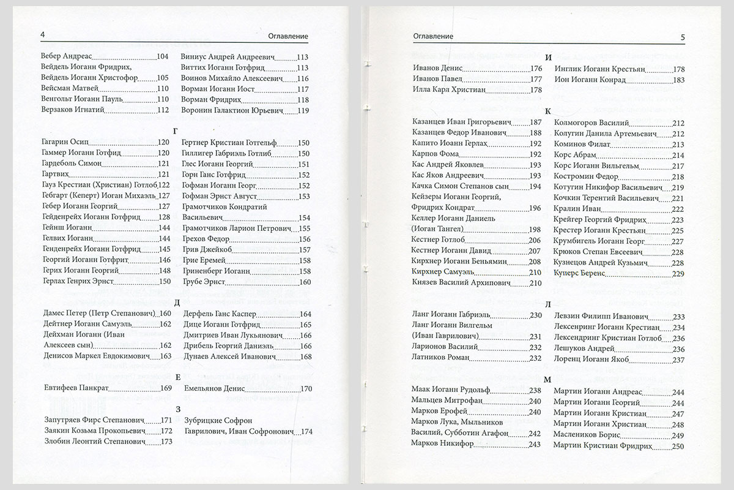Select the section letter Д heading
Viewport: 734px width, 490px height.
(176, 301)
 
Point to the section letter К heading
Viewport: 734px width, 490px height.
(548, 110)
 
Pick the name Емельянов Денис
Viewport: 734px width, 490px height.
(213, 388)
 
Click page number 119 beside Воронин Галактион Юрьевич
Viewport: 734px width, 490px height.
(303, 111)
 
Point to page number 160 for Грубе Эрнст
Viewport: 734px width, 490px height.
(305, 282)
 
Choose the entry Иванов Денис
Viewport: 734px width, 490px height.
(438, 69)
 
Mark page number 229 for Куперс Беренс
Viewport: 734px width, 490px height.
(677, 273)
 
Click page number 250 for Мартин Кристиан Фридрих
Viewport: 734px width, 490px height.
(677, 447)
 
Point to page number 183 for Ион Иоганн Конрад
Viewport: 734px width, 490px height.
(677, 80)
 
